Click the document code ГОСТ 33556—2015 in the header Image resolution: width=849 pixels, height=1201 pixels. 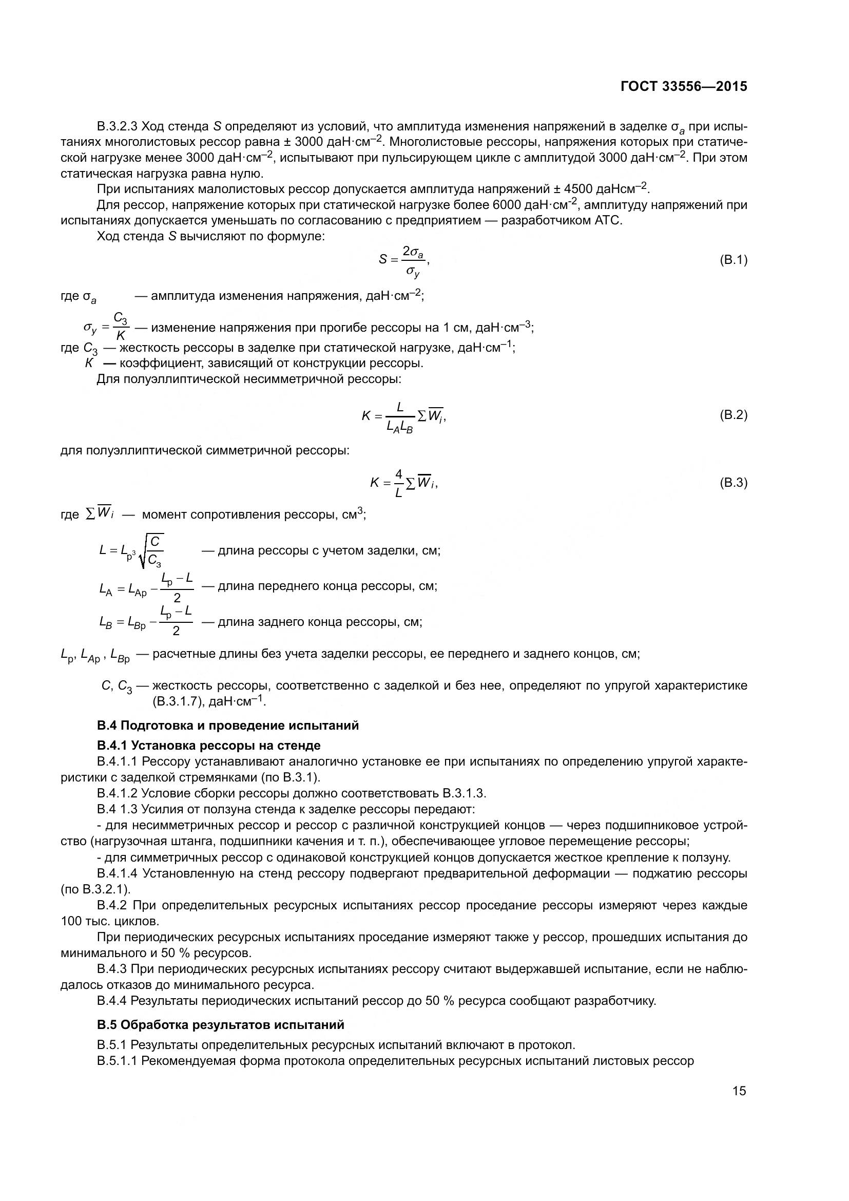click(684, 86)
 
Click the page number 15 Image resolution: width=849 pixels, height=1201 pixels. click(739, 1091)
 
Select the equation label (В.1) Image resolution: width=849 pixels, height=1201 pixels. click(734, 260)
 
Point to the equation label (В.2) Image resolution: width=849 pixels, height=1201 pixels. click(734, 415)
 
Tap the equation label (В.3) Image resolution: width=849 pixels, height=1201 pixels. click(734, 482)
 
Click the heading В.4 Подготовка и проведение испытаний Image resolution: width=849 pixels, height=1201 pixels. click(227, 725)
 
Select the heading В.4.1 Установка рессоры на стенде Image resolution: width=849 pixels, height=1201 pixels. click(208, 745)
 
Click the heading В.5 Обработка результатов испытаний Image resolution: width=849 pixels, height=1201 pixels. click(220, 1024)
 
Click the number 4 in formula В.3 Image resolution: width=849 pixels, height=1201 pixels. click(399, 474)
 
